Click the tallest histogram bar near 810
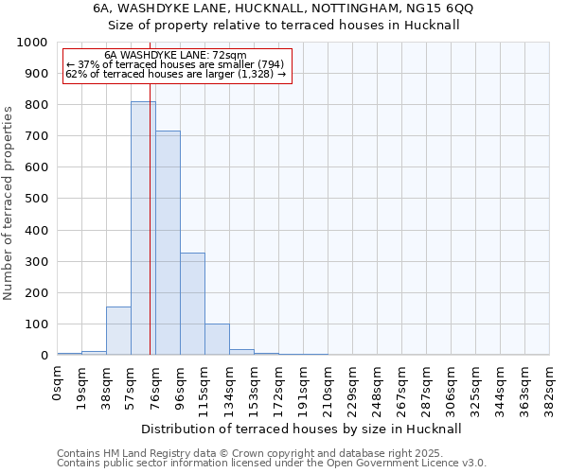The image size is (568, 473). [x=143, y=228]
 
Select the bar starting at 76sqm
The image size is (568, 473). [x=168, y=243]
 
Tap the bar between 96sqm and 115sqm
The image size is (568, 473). [x=192, y=304]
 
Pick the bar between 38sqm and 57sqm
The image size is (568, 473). [x=118, y=331]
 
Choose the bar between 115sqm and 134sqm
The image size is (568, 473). [x=217, y=340]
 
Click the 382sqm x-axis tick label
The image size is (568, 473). [x=550, y=388]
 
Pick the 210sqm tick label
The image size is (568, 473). [x=328, y=388]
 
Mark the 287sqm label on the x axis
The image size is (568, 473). [x=427, y=388]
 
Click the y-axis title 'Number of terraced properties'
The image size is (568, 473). [x=9, y=202]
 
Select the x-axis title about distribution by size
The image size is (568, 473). [x=303, y=429]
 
